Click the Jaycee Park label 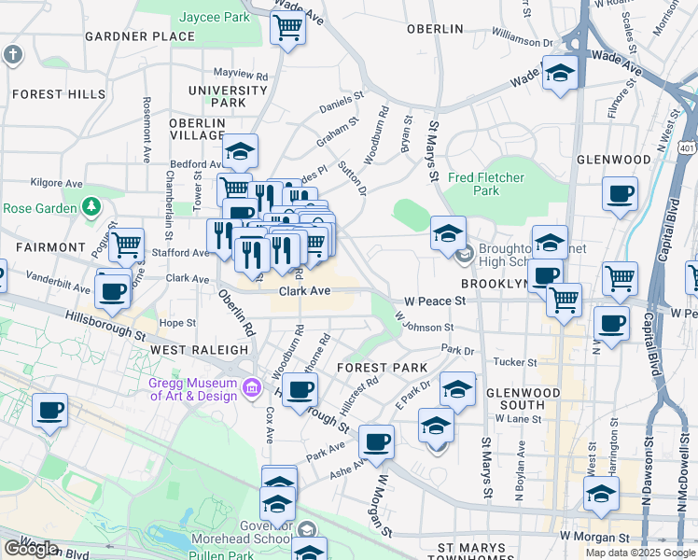(x=216, y=17)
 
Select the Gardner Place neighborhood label (x=140, y=36)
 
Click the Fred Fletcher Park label (x=486, y=184)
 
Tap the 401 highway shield (x=687, y=148)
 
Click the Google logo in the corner (x=31, y=549)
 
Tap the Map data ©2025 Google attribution (x=639, y=553)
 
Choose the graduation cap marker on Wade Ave (x=559, y=74)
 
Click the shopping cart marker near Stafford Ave (x=126, y=245)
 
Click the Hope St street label (x=175, y=323)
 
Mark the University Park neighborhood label (x=227, y=97)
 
